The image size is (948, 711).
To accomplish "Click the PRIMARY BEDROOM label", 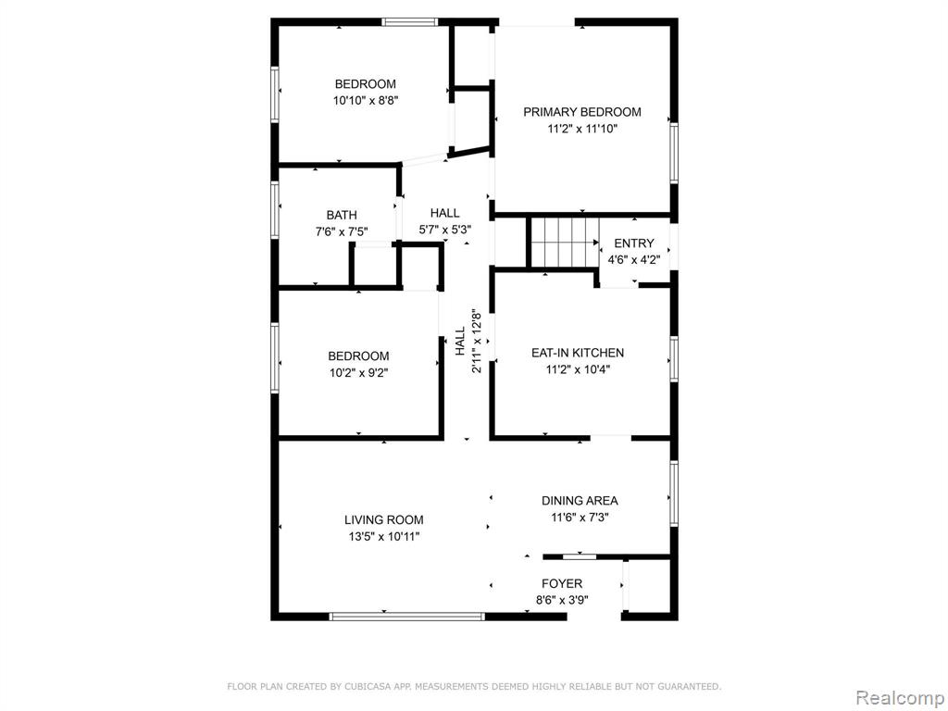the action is click(581, 112).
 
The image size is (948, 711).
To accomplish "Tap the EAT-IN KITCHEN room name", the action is click(578, 353).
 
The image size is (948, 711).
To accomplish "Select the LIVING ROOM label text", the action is click(384, 519).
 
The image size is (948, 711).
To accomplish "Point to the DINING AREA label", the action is click(580, 501).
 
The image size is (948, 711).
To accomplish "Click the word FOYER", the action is click(562, 583).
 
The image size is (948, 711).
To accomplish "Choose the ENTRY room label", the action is click(633, 243).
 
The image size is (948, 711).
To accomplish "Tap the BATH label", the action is click(342, 215).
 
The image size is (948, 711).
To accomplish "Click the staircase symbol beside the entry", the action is click(565, 243).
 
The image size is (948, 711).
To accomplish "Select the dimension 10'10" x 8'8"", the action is click(366, 100).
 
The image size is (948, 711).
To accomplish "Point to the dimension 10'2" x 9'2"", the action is click(358, 373).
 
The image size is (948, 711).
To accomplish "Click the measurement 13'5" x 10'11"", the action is click(384, 536).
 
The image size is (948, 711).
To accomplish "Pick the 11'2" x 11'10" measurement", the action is click(582, 129).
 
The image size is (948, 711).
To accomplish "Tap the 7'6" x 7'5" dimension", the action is click(342, 231).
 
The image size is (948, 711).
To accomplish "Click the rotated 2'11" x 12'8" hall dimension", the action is click(477, 341).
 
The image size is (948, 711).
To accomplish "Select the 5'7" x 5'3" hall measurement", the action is click(445, 230).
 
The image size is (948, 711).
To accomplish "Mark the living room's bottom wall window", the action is click(407, 617).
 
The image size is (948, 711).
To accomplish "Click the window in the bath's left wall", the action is click(275, 208).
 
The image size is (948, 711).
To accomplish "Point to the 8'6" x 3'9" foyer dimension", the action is click(562, 600).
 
